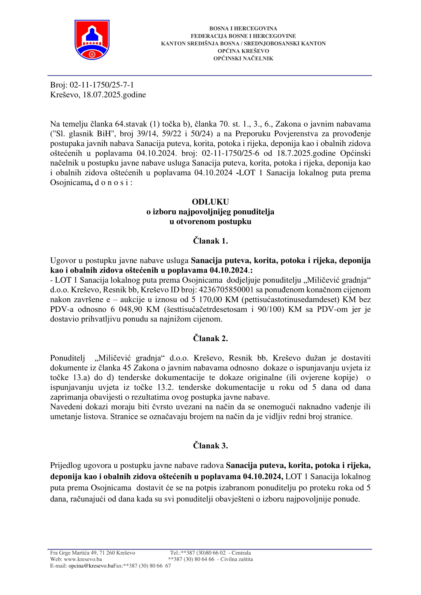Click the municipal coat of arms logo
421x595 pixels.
coord(92,40)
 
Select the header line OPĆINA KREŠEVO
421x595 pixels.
coord(243,51)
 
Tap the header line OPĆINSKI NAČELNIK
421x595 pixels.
coord(243,59)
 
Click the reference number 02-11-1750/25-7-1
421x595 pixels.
coord(102,85)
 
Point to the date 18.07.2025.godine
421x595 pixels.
coord(114,95)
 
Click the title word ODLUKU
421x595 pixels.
coord(210,202)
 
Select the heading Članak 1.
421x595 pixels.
coord(210,241)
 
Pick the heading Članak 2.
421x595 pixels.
coord(210,338)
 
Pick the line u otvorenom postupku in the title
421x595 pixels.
coord(210,222)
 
